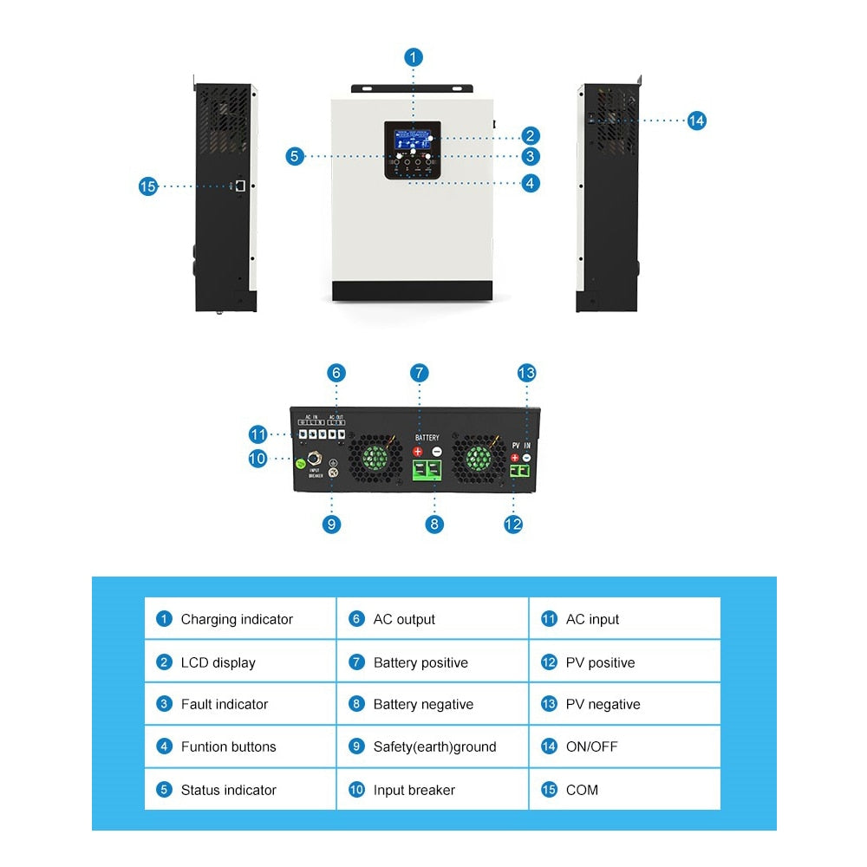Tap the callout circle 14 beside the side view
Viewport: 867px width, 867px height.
pyautogui.click(x=696, y=121)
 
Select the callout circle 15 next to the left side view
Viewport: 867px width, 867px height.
pyautogui.click(x=148, y=186)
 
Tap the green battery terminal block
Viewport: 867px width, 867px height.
pyautogui.click(x=427, y=471)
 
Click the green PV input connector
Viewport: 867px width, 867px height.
pyautogui.click(x=520, y=471)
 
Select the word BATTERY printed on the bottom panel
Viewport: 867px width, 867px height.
pyautogui.click(x=427, y=438)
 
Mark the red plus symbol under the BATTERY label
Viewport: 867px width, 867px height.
pyautogui.click(x=417, y=452)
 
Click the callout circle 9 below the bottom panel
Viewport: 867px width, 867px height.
pyautogui.click(x=332, y=524)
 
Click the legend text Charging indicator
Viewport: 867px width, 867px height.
pyautogui.click(x=237, y=619)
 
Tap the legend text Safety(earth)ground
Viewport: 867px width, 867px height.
pyautogui.click(x=434, y=746)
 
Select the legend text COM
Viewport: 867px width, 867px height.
pyautogui.click(x=582, y=790)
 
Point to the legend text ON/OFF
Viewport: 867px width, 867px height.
pyautogui.click(x=591, y=746)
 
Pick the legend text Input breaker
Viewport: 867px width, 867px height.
pyautogui.click(x=414, y=790)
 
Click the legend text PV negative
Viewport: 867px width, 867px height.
pyautogui.click(x=603, y=704)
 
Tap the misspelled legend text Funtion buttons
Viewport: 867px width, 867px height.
pyautogui.click(x=228, y=746)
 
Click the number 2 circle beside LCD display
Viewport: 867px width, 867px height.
pyautogui.click(x=164, y=662)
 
